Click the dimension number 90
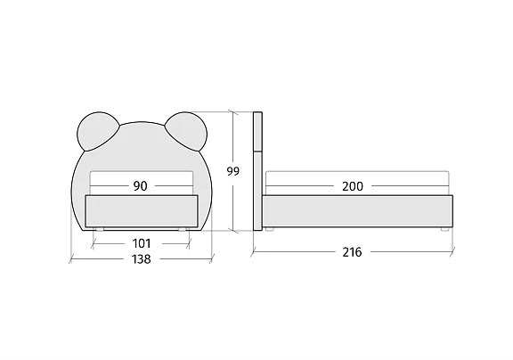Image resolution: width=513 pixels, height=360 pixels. (x=141, y=186)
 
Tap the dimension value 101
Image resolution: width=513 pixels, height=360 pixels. (x=142, y=243)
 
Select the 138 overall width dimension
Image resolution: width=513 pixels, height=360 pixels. (x=142, y=259)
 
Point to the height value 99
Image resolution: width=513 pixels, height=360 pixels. (x=233, y=171)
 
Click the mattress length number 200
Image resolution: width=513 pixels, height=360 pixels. (x=353, y=186)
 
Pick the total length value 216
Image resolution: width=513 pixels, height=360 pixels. (x=352, y=252)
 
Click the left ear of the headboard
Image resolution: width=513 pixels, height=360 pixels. (x=97, y=132)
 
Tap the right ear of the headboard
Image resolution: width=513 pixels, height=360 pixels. (x=186, y=132)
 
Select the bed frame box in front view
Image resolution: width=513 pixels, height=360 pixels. (x=142, y=211)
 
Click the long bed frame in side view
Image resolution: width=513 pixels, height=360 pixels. (x=357, y=211)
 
